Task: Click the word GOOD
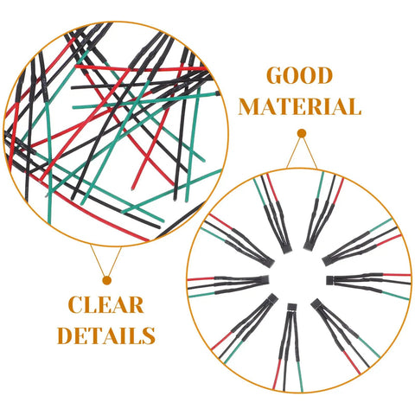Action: click(x=300, y=76)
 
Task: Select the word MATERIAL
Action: click(x=300, y=106)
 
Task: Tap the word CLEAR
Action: click(x=106, y=305)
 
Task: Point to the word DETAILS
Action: click(x=106, y=335)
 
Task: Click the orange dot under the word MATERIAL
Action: click(x=302, y=133)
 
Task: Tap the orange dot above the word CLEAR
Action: click(x=107, y=280)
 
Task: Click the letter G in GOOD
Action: click(x=276, y=76)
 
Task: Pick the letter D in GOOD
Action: click(x=324, y=76)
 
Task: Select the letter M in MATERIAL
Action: click(x=251, y=106)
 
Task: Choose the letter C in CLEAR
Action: click(x=76, y=305)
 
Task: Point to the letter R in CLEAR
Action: click(x=136, y=305)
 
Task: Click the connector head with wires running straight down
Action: click(x=291, y=307)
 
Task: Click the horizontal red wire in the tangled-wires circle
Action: click(x=141, y=68)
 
